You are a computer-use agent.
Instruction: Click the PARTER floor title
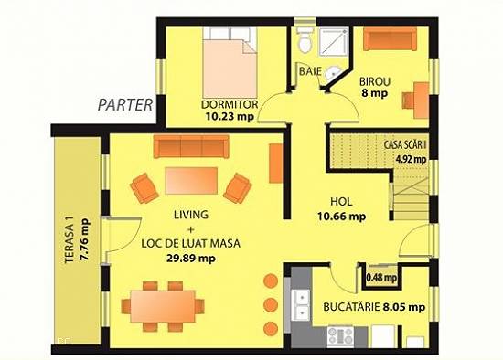(x=125, y=105)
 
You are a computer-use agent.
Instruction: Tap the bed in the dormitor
(x=230, y=62)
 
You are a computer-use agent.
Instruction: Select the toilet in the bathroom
(x=305, y=39)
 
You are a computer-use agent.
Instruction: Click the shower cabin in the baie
(x=334, y=42)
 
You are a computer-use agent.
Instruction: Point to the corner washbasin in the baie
(x=331, y=73)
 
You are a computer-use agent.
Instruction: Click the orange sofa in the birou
(x=391, y=38)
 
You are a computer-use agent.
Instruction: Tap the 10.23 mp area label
(x=230, y=116)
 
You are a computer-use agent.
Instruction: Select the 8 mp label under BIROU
(x=375, y=93)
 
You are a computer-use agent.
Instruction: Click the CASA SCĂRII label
(x=405, y=145)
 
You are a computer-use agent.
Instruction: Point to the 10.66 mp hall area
(x=342, y=217)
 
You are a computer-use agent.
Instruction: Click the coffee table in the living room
(x=191, y=181)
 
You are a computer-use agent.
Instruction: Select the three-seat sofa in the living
(x=191, y=146)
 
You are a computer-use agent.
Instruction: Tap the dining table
(x=163, y=306)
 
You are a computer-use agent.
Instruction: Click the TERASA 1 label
(x=70, y=239)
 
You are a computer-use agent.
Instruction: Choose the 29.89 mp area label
(x=191, y=258)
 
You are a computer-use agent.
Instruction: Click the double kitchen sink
(x=302, y=305)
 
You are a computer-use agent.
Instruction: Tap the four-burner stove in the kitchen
(x=340, y=336)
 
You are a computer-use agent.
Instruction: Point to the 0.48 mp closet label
(x=381, y=278)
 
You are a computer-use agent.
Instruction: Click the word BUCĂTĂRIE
(x=351, y=306)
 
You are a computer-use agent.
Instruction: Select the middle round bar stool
(x=271, y=304)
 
